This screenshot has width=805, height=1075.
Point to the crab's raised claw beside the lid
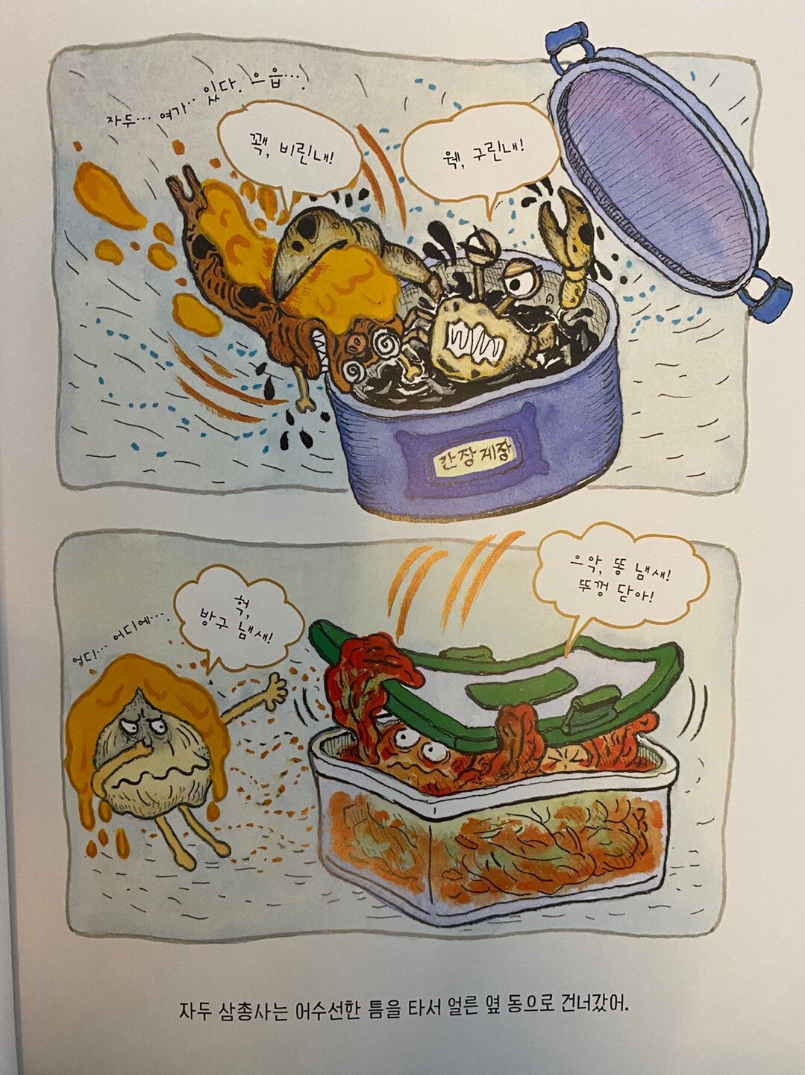(563, 240)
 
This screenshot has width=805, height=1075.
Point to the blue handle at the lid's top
(570, 46)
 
